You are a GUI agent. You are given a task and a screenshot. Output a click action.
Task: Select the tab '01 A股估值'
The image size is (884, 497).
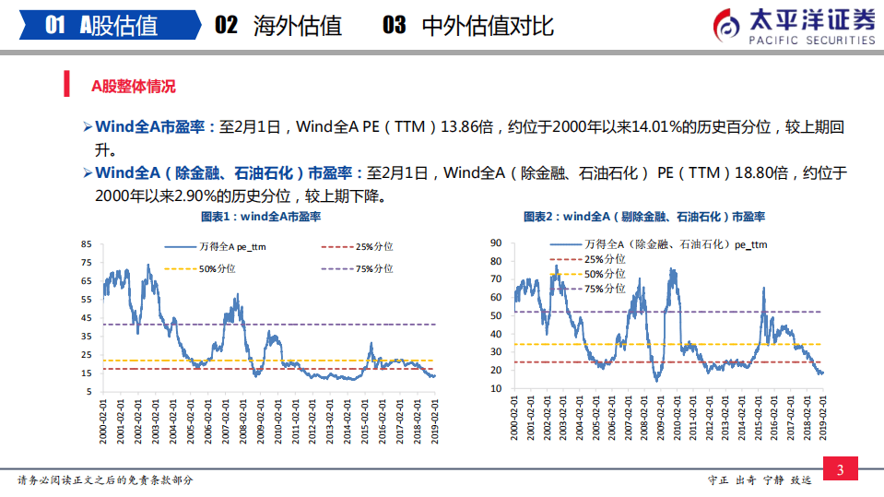101,25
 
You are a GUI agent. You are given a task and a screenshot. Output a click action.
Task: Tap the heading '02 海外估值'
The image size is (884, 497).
277,25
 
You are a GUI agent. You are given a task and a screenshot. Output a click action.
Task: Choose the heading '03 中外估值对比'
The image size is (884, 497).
468,25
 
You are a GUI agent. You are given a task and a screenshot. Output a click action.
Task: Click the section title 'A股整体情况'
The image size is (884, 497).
133,87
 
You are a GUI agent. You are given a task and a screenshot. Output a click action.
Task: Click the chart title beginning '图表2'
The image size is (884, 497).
644,218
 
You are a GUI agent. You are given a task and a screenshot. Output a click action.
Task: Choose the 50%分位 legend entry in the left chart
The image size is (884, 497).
202,268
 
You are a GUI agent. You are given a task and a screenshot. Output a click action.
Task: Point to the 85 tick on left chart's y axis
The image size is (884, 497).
87,244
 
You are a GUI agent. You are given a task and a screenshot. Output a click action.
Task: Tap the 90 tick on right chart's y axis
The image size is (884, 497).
495,243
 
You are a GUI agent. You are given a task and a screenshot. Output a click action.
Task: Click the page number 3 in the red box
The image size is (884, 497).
840,470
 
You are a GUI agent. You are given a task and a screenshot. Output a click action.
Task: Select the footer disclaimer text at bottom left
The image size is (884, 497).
106,480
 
